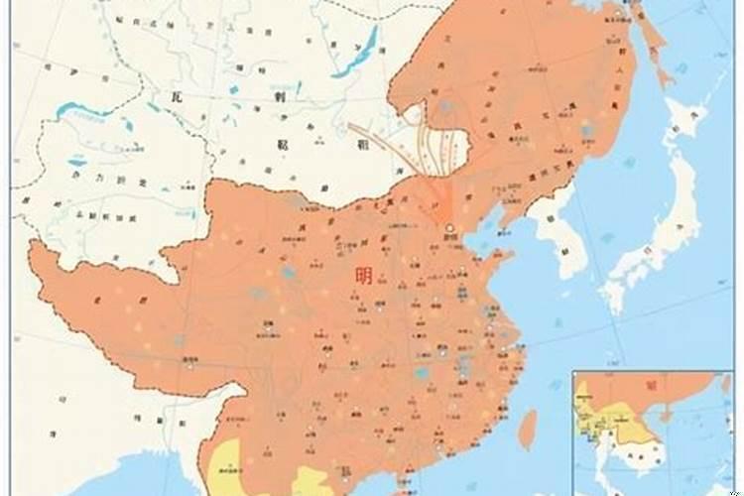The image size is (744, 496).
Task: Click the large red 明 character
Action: pyautogui.click(x=364, y=276)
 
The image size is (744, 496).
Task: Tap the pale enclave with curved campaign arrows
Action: pyautogui.click(x=422, y=139)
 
